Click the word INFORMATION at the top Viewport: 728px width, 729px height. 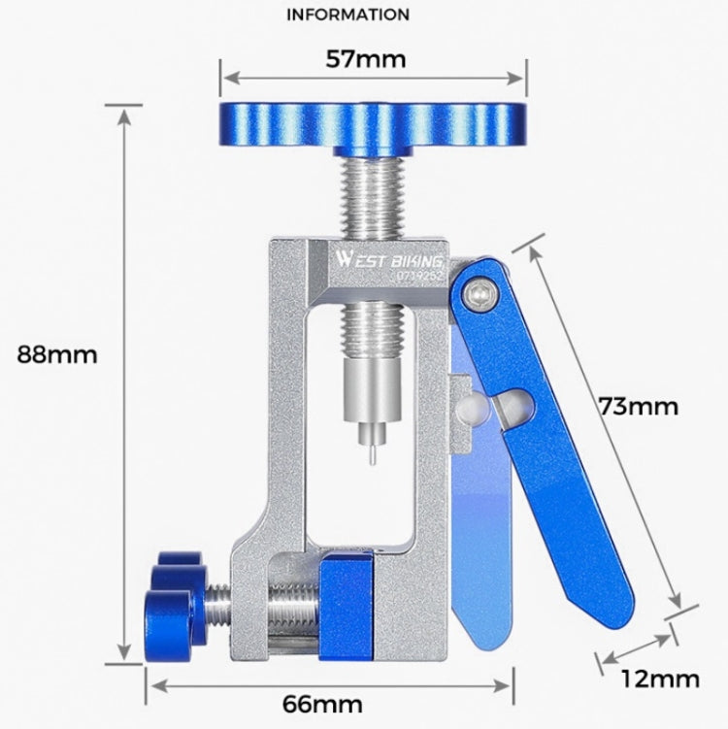[x=348, y=16]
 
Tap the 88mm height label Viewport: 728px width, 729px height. [x=57, y=354]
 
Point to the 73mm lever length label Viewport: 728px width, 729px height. [x=638, y=406]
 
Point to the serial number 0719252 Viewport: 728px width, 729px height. [x=419, y=277]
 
